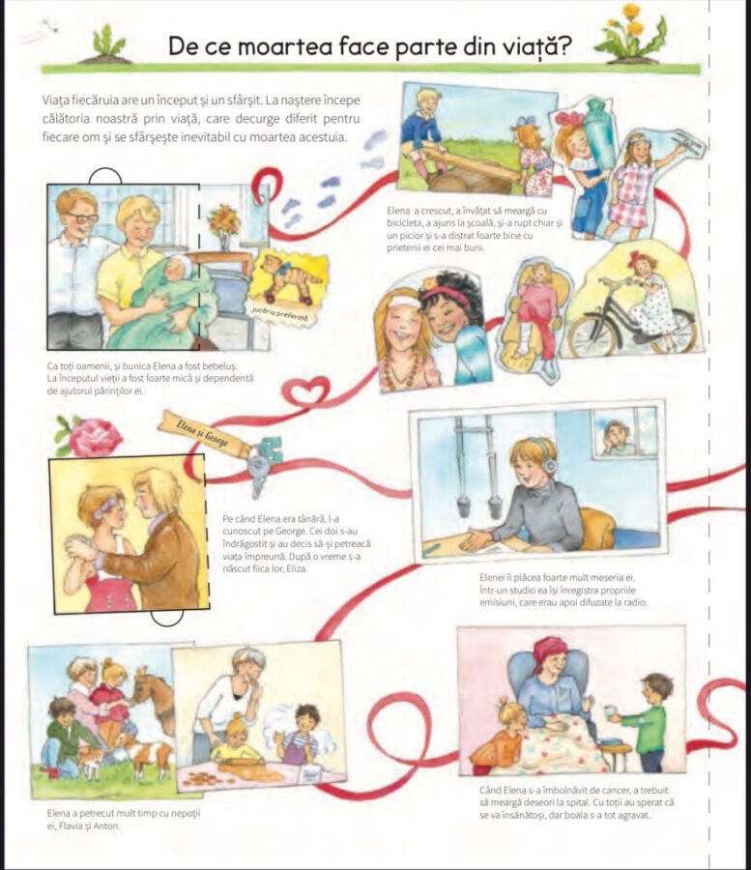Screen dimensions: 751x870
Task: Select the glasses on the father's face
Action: click(x=83, y=218)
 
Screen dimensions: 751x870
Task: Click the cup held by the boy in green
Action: click(x=609, y=710)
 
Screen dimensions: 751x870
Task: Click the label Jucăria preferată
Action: click(x=279, y=314)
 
